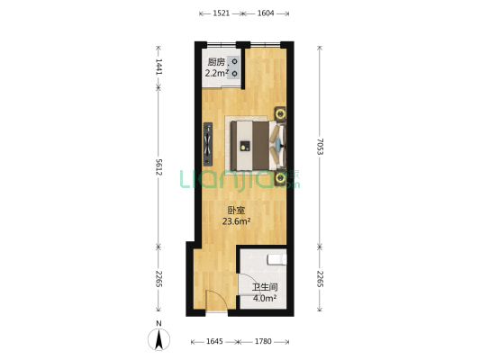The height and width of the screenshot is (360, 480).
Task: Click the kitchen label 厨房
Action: [x=214, y=62]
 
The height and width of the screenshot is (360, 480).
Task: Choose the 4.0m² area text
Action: [x=264, y=299]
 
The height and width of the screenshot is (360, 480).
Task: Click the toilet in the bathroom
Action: [x=277, y=260]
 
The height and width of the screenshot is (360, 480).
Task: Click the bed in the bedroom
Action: [x=256, y=142]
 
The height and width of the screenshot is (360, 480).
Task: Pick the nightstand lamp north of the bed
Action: [x=281, y=113]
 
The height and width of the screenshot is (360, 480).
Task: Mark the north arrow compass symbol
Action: [x=159, y=338]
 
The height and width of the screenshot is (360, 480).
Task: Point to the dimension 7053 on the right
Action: [x=320, y=147]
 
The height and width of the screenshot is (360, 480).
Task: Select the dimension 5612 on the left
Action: [x=158, y=167]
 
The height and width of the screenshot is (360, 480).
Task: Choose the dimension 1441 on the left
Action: [x=158, y=67]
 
